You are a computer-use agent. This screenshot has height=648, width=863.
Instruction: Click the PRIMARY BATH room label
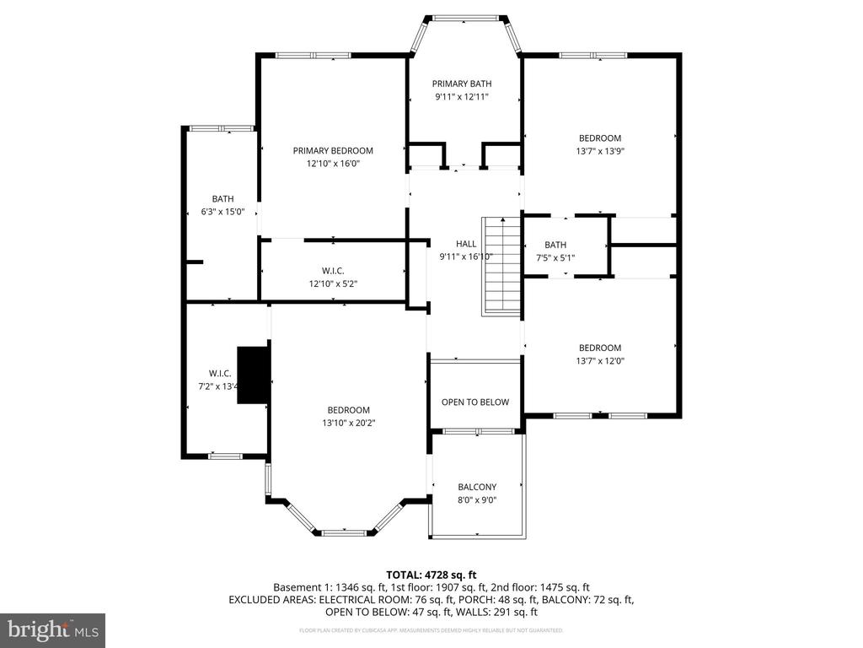pyautogui.click(x=462, y=84)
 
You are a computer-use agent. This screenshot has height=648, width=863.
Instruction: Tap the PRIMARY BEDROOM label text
pyautogui.click(x=333, y=151)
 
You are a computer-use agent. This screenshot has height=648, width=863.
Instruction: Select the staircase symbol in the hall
pyautogui.click(x=501, y=266)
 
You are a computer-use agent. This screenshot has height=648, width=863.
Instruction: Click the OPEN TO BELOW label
pyautogui.click(x=475, y=402)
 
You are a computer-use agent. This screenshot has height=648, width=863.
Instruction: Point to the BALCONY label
pyautogui.click(x=477, y=487)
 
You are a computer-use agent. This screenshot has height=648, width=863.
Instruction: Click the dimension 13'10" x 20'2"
pyautogui.click(x=348, y=424)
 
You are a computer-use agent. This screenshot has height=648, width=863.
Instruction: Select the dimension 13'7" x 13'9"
pyautogui.click(x=599, y=152)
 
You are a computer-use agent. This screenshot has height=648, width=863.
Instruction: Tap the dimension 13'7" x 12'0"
pyautogui.click(x=599, y=361)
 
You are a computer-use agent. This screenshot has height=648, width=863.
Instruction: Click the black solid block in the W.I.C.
pyautogui.click(x=253, y=375)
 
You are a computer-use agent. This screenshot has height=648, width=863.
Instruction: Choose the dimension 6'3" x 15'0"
pyautogui.click(x=223, y=213)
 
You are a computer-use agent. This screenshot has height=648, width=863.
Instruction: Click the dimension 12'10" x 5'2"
pyautogui.click(x=333, y=284)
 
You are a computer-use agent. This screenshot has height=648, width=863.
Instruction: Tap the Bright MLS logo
pyautogui.click(x=52, y=629)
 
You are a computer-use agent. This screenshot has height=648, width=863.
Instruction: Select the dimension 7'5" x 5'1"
pyautogui.click(x=555, y=258)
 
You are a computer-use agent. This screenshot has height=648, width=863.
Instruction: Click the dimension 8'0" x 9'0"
pyautogui.click(x=477, y=500)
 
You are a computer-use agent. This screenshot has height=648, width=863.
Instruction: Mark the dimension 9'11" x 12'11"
pyautogui.click(x=462, y=97)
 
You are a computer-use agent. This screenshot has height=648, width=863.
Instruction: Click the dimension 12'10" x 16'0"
pyautogui.click(x=333, y=165)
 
